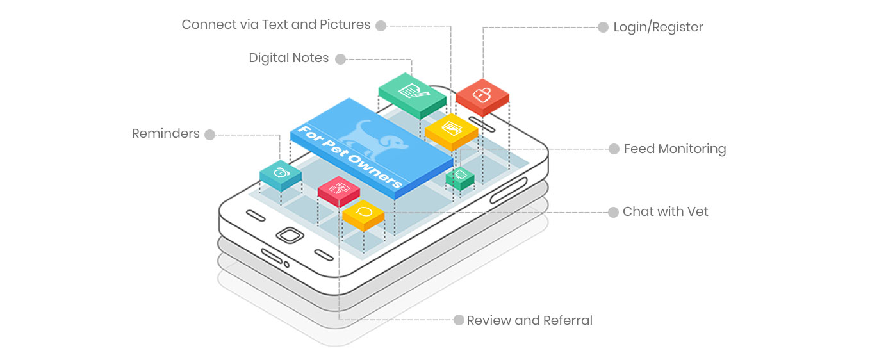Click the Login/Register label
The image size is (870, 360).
point(658,27)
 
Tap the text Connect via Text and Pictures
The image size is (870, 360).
point(276,25)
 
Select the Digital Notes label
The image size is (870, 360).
point(289,58)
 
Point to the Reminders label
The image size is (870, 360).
point(166,134)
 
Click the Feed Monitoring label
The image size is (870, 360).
point(675,149)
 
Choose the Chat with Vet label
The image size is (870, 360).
point(665,212)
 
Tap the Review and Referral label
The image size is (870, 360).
point(529,320)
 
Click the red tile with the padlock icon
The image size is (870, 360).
point(482,95)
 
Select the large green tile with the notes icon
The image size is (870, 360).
point(411,91)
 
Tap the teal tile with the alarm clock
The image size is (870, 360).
point(281,172)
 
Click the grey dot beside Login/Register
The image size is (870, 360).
point(603,28)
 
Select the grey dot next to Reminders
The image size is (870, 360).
point(209,135)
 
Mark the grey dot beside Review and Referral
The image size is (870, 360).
point(458,320)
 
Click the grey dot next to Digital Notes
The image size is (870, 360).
point(340,59)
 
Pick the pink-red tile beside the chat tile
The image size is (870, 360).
point(338,188)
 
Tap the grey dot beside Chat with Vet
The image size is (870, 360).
point(612,212)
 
